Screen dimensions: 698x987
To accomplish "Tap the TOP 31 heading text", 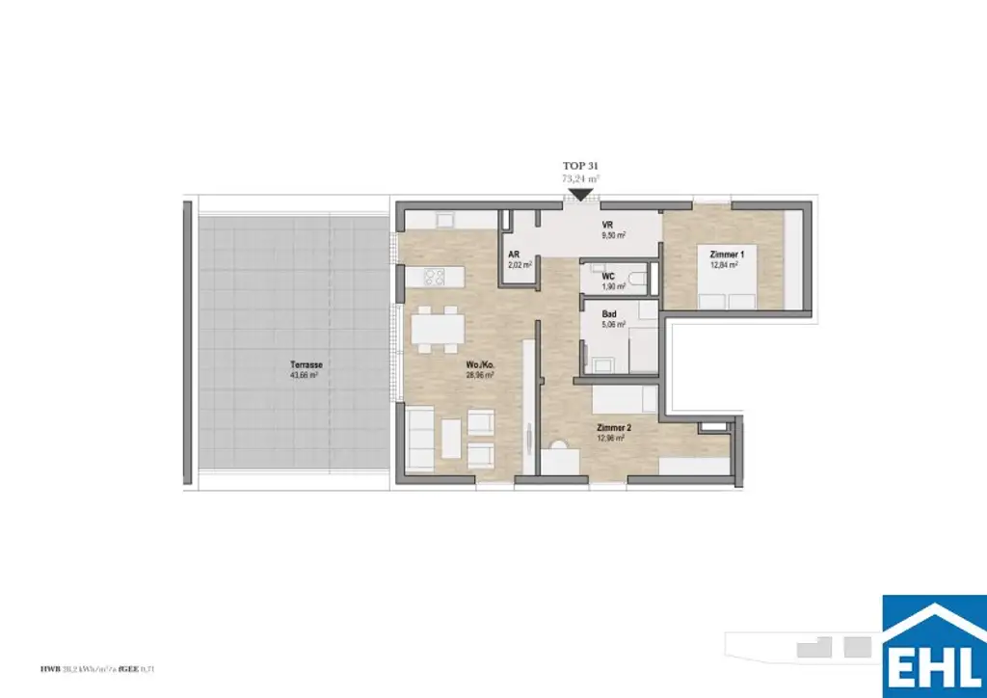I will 581,167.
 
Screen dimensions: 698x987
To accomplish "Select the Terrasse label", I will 306,365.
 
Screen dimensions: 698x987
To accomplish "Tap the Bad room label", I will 609,314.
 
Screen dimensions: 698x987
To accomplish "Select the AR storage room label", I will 515,255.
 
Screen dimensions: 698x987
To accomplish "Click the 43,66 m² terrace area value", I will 305,377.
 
